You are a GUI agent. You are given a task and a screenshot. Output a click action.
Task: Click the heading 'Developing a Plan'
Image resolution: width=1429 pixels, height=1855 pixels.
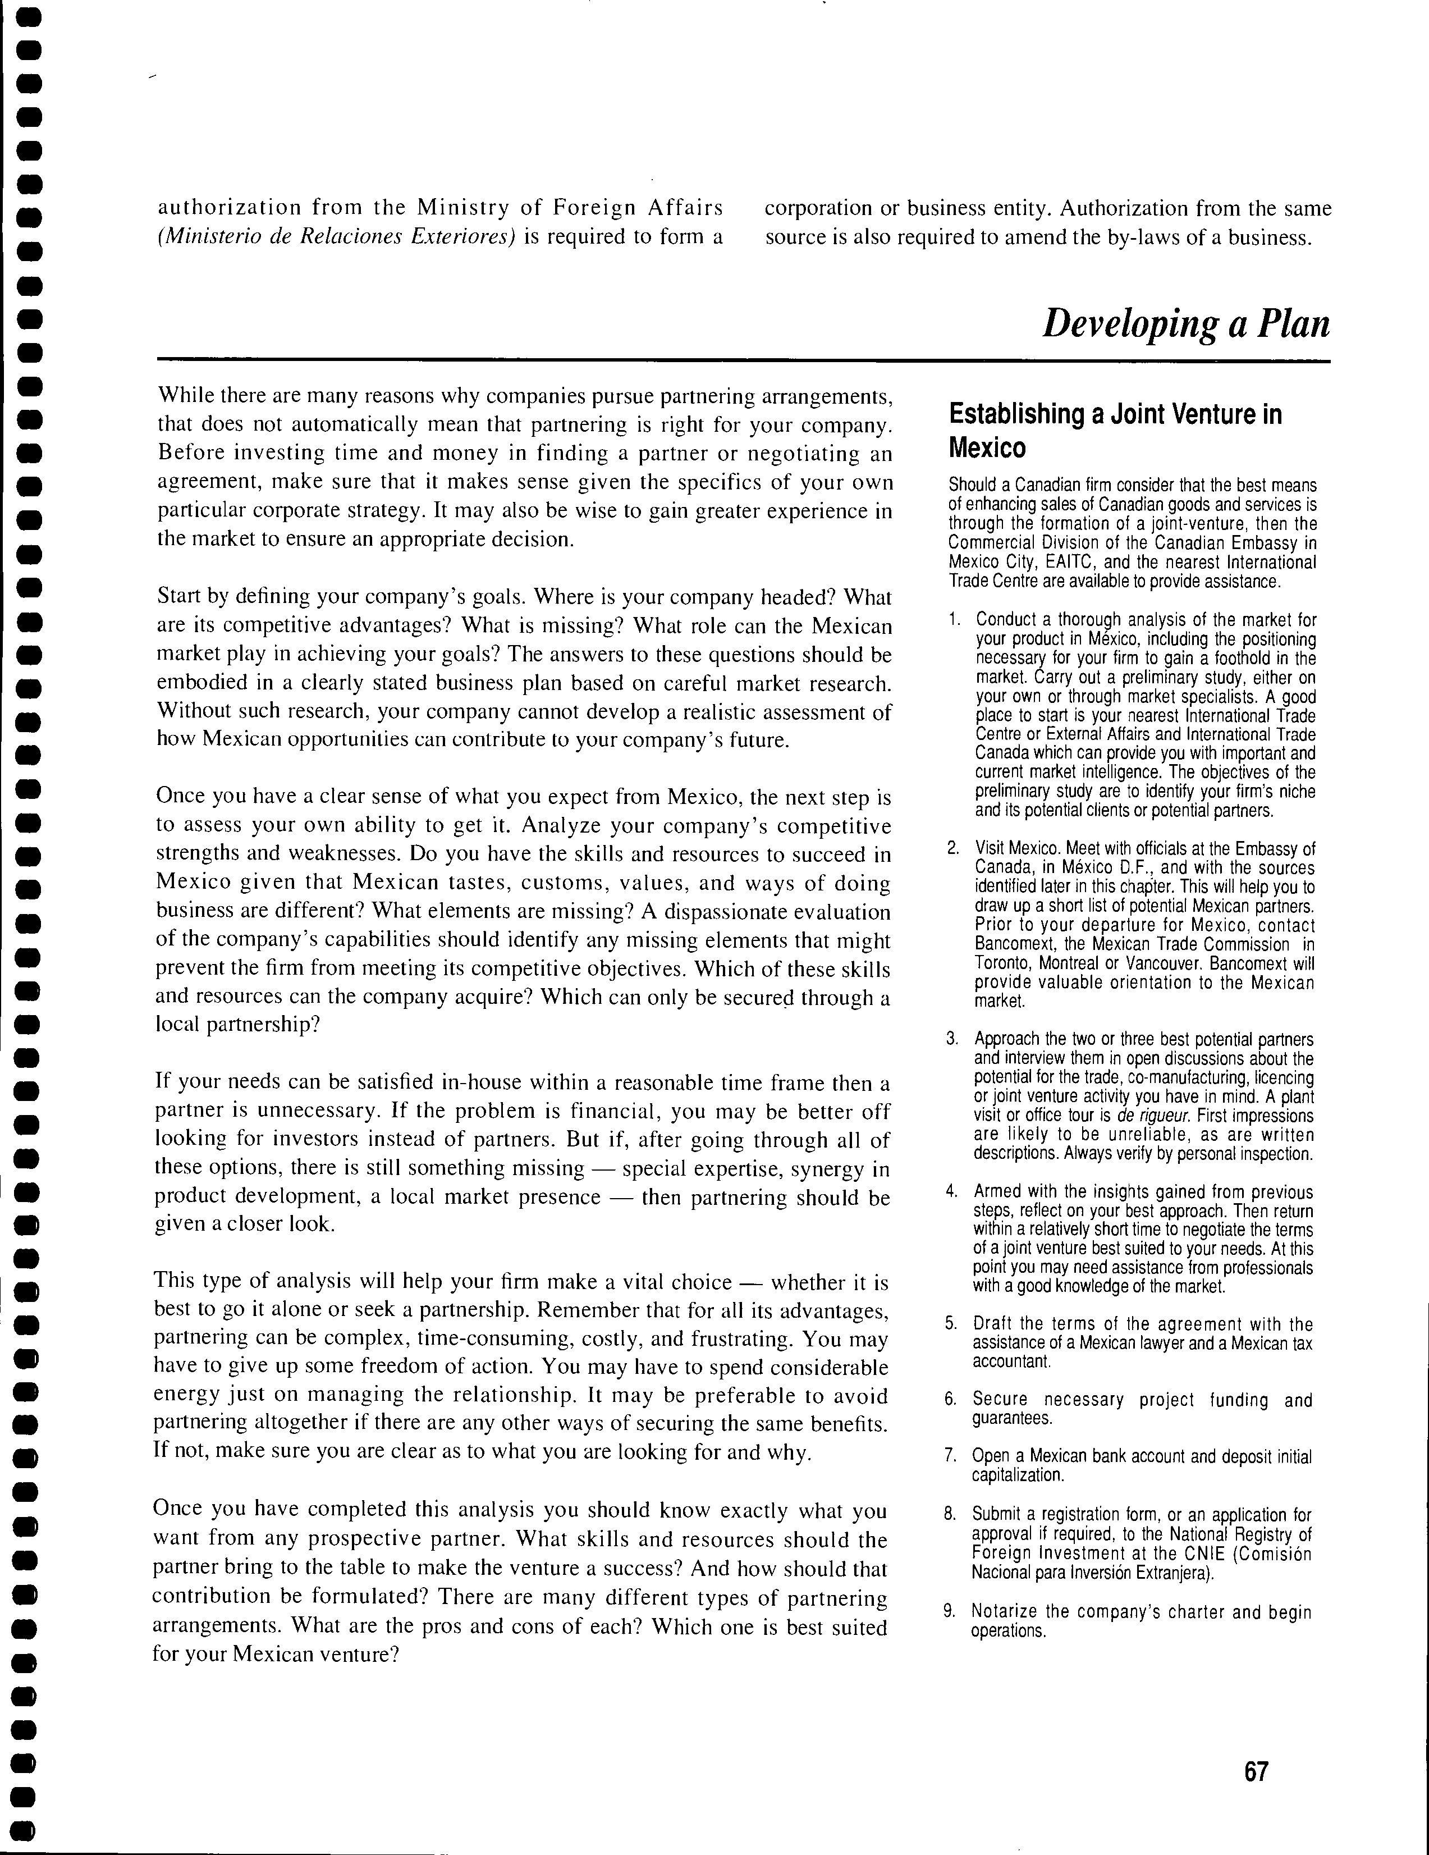coord(1185,323)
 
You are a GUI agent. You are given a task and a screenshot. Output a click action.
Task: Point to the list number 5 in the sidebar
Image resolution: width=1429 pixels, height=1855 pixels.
coord(951,1323)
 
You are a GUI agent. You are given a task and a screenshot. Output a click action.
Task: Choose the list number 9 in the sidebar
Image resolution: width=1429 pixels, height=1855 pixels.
coord(949,1611)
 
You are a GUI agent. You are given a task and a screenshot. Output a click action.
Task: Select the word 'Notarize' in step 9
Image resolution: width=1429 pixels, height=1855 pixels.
coord(1005,1611)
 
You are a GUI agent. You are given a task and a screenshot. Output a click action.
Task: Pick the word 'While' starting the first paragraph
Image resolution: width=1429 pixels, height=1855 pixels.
coord(186,396)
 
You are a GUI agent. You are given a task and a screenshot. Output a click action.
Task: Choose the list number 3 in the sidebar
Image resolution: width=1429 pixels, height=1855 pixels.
coord(952,1039)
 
